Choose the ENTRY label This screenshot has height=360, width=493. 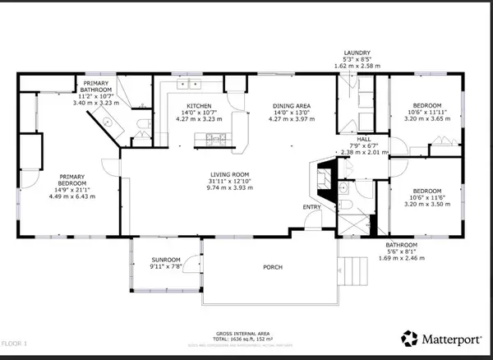313,207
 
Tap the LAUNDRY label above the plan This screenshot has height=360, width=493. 358,51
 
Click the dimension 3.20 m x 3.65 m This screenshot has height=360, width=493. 427,119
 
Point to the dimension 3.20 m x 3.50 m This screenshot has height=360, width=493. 427,201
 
